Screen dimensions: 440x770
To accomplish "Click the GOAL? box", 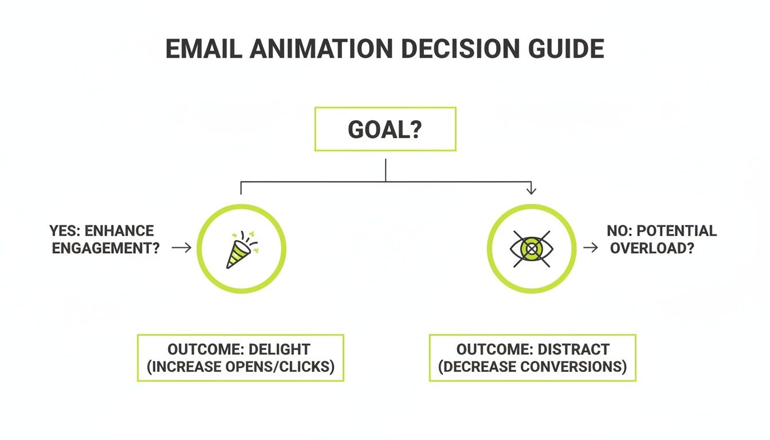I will point(385,129).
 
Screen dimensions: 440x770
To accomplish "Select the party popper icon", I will point(241,249).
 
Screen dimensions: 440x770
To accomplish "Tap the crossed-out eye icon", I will point(531,249).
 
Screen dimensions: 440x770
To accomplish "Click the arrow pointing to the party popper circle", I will point(182,247).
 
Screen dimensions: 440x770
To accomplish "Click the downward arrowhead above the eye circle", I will point(531,190).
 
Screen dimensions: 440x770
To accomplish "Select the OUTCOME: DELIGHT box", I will point(241,358).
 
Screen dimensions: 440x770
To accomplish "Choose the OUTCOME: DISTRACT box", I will point(532,358).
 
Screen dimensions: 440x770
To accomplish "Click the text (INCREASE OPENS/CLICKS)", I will point(241,367).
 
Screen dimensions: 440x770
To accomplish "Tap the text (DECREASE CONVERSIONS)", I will point(532,367).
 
